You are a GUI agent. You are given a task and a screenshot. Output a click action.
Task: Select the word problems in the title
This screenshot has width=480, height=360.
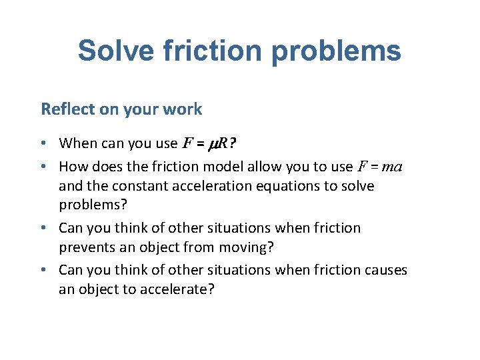335,51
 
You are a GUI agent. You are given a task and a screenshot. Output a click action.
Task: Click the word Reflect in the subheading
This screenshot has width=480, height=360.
67,109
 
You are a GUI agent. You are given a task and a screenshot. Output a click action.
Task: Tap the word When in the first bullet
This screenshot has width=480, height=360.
77,143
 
